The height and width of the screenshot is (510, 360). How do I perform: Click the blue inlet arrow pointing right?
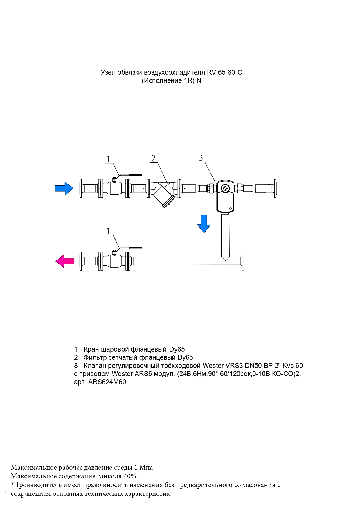click(64, 188)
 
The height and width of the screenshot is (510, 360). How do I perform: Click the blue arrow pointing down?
click(204, 224)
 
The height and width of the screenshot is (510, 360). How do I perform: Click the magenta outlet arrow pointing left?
click(65, 261)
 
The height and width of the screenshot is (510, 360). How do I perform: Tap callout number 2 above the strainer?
click(153, 158)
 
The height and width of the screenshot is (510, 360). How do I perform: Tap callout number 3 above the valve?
click(201, 158)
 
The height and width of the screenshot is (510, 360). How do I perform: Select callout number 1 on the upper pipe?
click(108, 159)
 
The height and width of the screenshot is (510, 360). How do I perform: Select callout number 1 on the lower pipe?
click(108, 231)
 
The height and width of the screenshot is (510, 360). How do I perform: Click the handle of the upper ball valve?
click(130, 175)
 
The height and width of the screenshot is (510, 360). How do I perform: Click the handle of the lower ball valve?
click(130, 248)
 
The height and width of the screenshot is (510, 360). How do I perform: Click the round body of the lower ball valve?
click(114, 261)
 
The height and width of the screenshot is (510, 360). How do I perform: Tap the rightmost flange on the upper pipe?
click(274, 189)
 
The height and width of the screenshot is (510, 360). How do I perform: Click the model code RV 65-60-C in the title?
click(224, 72)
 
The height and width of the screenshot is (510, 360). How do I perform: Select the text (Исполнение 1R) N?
click(171, 81)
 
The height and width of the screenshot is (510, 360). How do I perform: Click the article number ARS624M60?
click(107, 382)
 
